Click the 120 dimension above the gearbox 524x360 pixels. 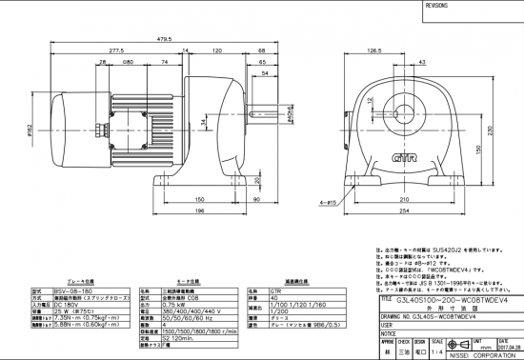(x=217, y=50)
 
